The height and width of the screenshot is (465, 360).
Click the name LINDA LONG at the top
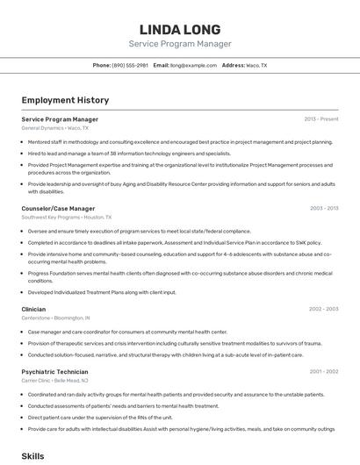(x=180, y=29)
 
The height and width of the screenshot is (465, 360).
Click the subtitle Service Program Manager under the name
(x=180, y=44)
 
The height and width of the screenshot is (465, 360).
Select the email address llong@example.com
(x=193, y=66)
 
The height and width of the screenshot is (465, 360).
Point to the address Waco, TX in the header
(x=256, y=66)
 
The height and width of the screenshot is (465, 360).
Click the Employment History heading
(x=65, y=101)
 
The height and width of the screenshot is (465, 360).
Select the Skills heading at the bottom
(x=32, y=456)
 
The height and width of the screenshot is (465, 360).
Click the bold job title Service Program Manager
(x=60, y=119)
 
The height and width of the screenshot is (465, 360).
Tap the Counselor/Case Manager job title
(x=58, y=209)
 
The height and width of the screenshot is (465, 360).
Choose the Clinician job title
(x=33, y=309)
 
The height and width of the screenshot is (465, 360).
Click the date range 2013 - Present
(x=321, y=119)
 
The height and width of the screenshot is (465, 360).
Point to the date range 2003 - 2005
(x=324, y=209)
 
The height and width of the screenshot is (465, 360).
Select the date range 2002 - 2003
(x=324, y=309)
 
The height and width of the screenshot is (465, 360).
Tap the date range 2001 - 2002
(x=324, y=371)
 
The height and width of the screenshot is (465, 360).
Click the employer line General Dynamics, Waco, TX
(x=54, y=128)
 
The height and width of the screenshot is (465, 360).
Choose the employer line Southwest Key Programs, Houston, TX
(x=67, y=217)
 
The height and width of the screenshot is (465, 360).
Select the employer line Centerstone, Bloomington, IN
(x=56, y=318)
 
